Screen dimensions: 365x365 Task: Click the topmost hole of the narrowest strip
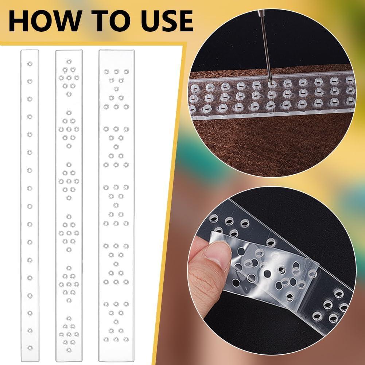point(30,63)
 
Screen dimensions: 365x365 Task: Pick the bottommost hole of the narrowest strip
point(30,348)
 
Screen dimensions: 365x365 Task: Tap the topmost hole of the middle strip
point(69,61)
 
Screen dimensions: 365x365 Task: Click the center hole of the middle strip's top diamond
point(69,78)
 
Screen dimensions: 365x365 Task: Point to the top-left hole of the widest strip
point(106,71)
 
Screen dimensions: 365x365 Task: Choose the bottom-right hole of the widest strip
point(126,339)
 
